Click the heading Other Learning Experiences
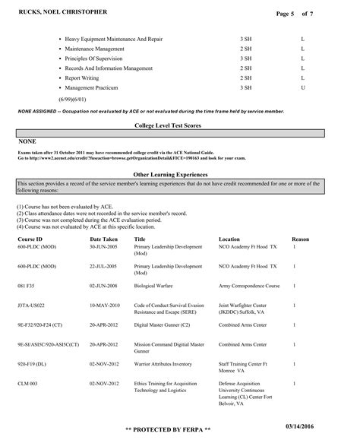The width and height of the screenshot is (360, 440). [180, 174]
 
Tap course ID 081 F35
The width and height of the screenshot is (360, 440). [27, 287]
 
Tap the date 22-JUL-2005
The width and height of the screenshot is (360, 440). [103, 267]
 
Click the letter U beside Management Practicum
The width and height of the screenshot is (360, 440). [302, 87]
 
